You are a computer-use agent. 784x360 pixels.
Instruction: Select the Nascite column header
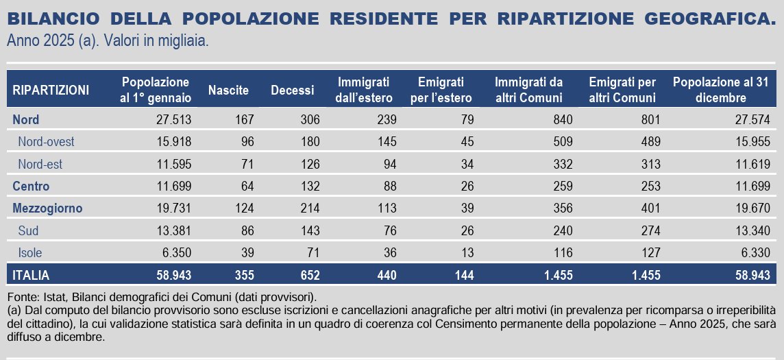pyautogui.click(x=228, y=90)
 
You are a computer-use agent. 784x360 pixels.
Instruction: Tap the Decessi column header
pyautogui.click(x=292, y=90)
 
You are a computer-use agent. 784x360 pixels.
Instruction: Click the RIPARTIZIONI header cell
pyautogui.click(x=51, y=90)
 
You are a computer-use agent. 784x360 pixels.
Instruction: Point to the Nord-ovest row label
pyautogui.click(x=46, y=142)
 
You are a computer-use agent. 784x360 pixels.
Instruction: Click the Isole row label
pyautogui.click(x=30, y=252)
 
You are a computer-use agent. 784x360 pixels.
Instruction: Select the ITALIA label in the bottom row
pyautogui.click(x=31, y=275)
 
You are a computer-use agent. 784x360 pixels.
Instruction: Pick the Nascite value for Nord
pyautogui.click(x=243, y=120)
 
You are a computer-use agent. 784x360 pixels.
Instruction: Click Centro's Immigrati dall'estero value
pyautogui.click(x=385, y=186)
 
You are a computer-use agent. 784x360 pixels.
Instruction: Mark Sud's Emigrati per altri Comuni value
pyautogui.click(x=648, y=230)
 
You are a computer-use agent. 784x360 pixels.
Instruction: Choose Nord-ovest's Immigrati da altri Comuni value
pyautogui.click(x=551, y=142)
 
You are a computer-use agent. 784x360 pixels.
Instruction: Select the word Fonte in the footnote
pyautogui.click(x=20, y=297)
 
